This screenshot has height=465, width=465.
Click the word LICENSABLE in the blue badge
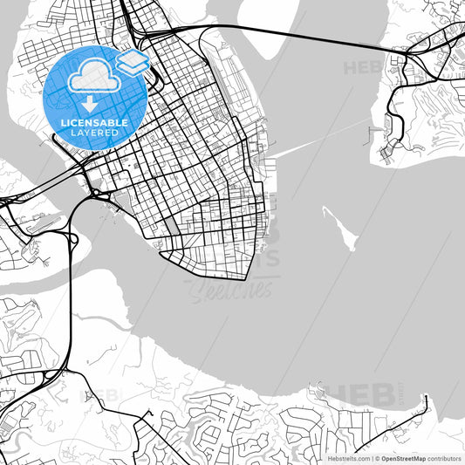pos(93,123)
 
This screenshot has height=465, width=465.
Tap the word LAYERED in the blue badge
pos(93,133)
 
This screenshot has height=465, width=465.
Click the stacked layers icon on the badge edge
pos(132,61)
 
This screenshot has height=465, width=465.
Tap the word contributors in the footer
pos(444,457)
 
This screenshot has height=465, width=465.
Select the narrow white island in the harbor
pos(339,228)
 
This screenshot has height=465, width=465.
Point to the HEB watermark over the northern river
pos(362,65)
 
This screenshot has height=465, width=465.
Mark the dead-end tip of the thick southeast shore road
pos(427,397)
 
